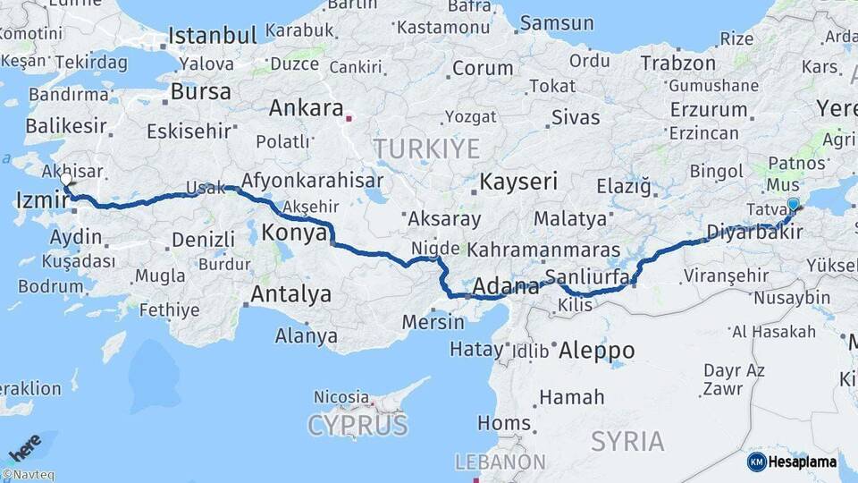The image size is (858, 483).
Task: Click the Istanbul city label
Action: coord(213,36)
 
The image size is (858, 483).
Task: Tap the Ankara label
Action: coord(306,108)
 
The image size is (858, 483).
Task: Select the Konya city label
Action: coord(294,233)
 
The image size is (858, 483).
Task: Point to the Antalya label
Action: coord(290,293)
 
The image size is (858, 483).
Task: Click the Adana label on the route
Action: coord(505,287)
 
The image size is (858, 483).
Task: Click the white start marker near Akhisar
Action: coord(65,180)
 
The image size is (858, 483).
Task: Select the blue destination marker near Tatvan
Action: coord(794,205)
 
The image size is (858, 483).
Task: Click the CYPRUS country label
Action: coord(357,425)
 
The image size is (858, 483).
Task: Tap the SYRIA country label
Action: coord(627,441)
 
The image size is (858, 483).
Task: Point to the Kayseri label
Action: coord(518,182)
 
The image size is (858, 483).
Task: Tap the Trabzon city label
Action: coord(677,63)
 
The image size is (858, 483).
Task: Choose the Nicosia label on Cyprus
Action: coord(341,395)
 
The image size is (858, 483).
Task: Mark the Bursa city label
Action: coord(200,91)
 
